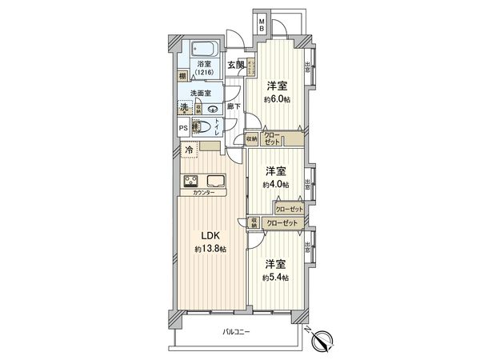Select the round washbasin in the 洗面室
[x=213, y=109]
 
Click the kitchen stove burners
[x=192, y=180]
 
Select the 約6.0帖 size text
[x=277, y=99]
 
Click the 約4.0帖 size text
[x=276, y=185]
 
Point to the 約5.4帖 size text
[x=276, y=277]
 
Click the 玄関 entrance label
[x=235, y=66]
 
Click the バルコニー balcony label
[x=238, y=331]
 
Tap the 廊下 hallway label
[x=233, y=105]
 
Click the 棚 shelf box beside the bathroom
[x=183, y=76]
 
